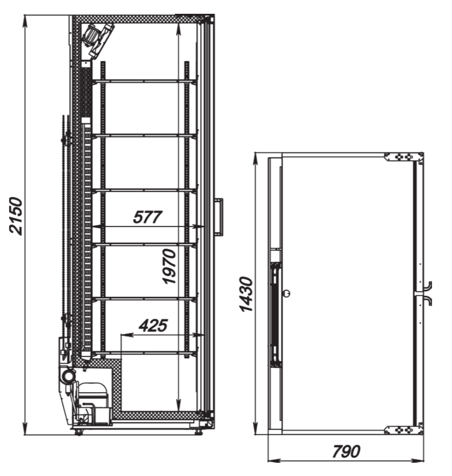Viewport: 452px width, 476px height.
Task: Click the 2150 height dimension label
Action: (16, 215)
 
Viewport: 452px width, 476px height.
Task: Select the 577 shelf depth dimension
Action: (147, 217)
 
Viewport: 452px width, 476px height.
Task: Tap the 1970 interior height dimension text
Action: (169, 266)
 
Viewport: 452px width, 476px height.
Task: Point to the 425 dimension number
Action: (153, 325)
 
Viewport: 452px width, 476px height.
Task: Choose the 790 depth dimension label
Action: (346, 452)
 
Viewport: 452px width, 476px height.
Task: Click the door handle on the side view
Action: (219, 217)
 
